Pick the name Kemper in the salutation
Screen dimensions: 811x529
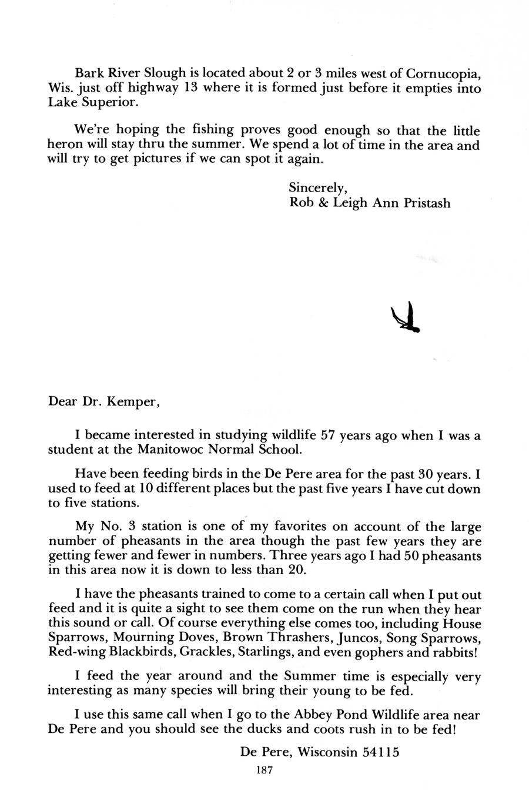tap(135, 403)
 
